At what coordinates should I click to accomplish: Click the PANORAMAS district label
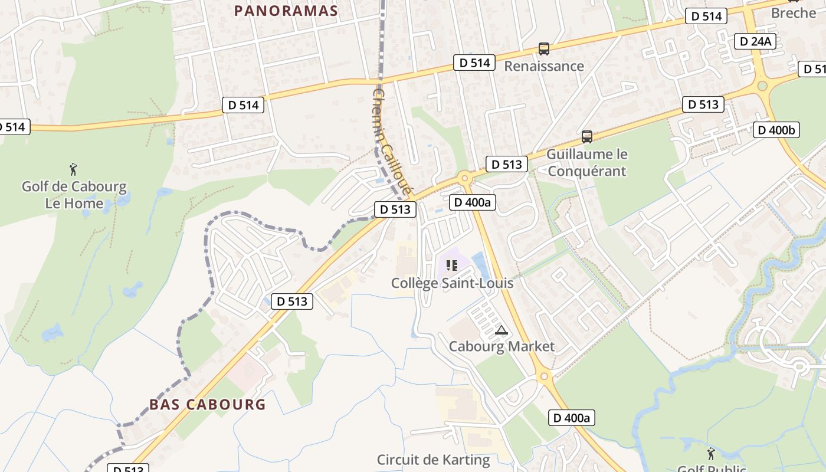(x=286, y=11)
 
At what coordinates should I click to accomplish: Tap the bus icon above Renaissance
(x=544, y=49)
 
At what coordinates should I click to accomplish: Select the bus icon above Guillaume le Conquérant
(x=586, y=137)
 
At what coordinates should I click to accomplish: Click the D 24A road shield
(x=755, y=41)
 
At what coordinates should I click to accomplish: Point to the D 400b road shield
(x=776, y=130)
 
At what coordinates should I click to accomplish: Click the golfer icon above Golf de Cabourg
(x=73, y=170)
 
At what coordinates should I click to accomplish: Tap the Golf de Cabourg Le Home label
(x=74, y=195)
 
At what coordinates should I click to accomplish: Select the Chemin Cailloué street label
(x=391, y=142)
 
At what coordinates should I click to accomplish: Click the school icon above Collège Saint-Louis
(x=452, y=265)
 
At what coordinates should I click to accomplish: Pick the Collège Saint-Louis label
(x=452, y=283)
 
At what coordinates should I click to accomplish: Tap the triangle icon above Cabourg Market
(x=501, y=330)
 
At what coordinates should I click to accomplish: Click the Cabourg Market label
(x=501, y=346)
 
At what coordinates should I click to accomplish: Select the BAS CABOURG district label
(x=207, y=405)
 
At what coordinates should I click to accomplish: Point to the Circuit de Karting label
(x=433, y=460)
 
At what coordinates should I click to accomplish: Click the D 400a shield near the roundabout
(x=473, y=202)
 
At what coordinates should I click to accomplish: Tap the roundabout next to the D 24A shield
(x=762, y=86)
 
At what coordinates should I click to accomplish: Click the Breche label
(x=794, y=12)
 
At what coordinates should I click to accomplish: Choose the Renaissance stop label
(x=543, y=66)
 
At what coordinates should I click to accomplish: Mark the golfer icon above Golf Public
(x=710, y=454)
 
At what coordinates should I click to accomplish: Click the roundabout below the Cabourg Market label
(x=544, y=375)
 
